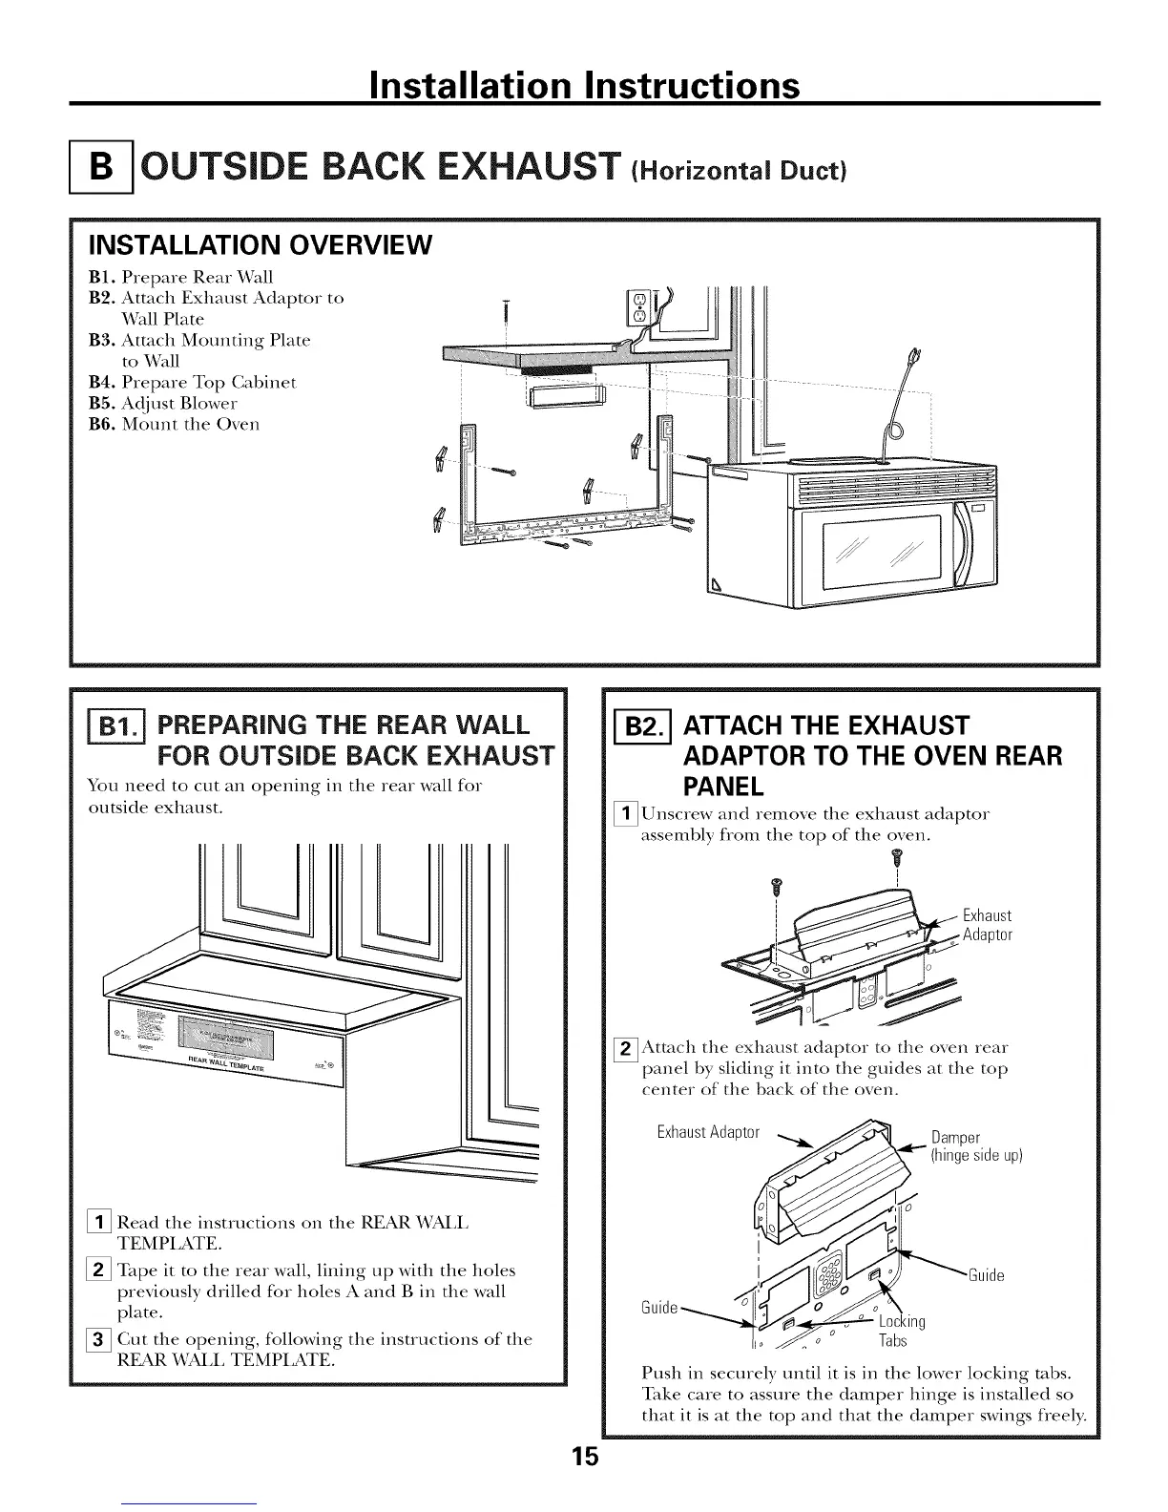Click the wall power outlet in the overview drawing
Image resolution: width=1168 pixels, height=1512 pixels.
pos(638,307)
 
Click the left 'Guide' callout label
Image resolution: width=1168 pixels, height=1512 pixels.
pos(657,1306)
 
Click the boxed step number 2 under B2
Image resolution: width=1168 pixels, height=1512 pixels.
pos(623,1049)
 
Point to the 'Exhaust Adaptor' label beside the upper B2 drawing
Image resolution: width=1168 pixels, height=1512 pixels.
pos(987,924)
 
